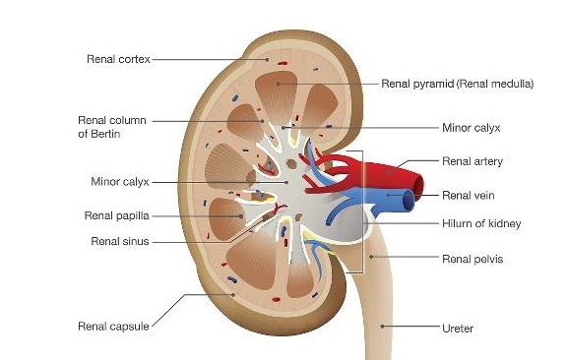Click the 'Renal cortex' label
(118, 59)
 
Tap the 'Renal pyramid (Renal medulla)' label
(458, 84)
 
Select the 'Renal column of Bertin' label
(112, 127)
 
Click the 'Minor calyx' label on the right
(472, 128)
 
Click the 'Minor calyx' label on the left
(120, 181)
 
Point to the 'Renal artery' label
(472, 161)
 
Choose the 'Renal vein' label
(469, 195)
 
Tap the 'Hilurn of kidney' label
(481, 223)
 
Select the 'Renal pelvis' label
(472, 259)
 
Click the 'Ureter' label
(458, 329)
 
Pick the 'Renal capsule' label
(113, 327)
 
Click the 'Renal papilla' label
(117, 215)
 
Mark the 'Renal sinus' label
(120, 241)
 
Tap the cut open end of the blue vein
(409, 201)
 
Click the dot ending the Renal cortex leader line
(268, 59)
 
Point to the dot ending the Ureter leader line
(382, 326)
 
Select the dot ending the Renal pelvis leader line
(371, 257)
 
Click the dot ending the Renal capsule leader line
(233, 294)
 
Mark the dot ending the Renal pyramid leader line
(278, 84)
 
